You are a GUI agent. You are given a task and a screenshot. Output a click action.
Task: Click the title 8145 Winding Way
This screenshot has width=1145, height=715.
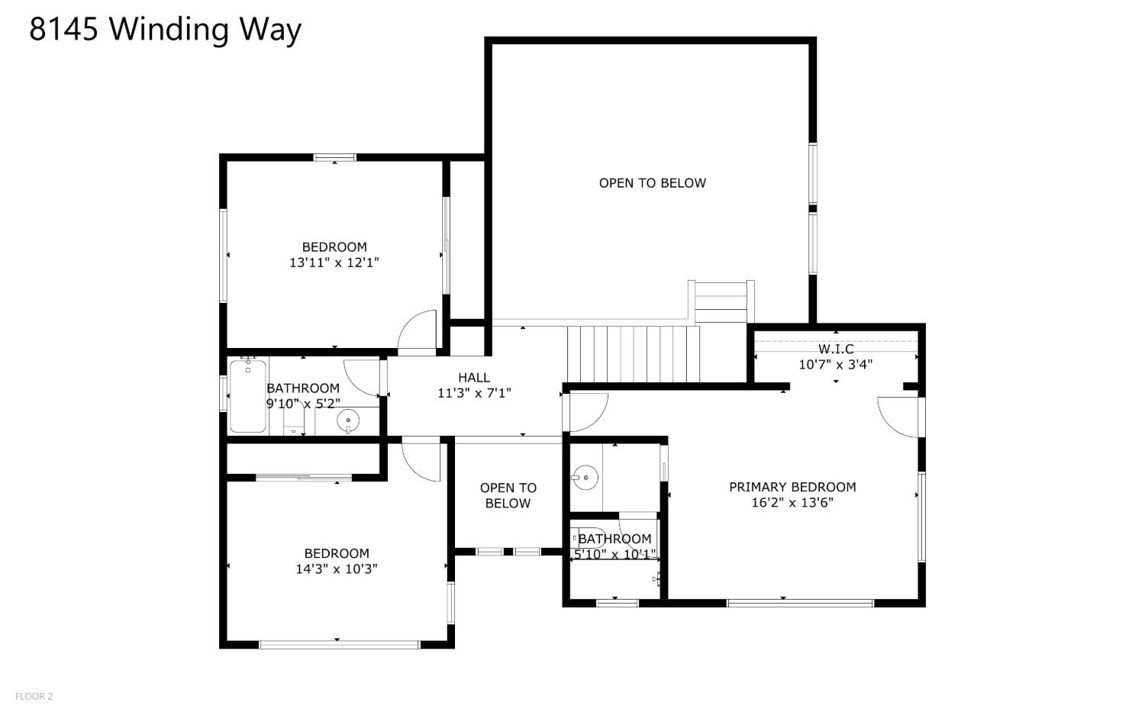click(165, 30)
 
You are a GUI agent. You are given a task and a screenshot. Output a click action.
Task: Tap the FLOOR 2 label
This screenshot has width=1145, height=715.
click(34, 696)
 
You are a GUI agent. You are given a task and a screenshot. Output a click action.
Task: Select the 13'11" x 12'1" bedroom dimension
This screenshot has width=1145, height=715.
click(334, 262)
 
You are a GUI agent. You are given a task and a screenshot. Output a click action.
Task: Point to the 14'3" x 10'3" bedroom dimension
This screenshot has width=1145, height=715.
click(337, 568)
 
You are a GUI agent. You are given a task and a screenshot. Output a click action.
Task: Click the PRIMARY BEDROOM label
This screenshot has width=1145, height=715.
click(792, 487)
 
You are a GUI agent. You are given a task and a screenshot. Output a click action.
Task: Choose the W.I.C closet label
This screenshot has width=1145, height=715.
click(836, 349)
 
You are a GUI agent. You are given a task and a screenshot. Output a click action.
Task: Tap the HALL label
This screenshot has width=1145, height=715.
click(474, 378)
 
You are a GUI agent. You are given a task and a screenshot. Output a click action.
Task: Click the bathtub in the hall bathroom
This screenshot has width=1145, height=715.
click(248, 397)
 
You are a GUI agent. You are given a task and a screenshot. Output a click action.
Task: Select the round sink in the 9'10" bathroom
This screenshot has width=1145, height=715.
click(348, 420)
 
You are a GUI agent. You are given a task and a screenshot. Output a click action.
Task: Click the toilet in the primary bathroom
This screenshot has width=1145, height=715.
click(588, 538)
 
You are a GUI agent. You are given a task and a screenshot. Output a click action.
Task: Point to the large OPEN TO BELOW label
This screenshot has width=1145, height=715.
click(652, 183)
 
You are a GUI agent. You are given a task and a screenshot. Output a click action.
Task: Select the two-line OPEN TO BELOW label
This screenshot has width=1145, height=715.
click(508, 496)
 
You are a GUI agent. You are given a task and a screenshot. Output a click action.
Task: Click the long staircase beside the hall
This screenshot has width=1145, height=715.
click(634, 354)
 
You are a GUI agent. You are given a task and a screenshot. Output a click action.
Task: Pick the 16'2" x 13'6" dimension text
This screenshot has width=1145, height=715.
click(792, 502)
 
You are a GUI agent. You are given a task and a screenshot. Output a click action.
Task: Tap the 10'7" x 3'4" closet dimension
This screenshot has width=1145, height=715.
click(836, 365)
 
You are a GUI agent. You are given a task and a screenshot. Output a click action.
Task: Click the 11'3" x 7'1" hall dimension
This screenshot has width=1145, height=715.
click(474, 393)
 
